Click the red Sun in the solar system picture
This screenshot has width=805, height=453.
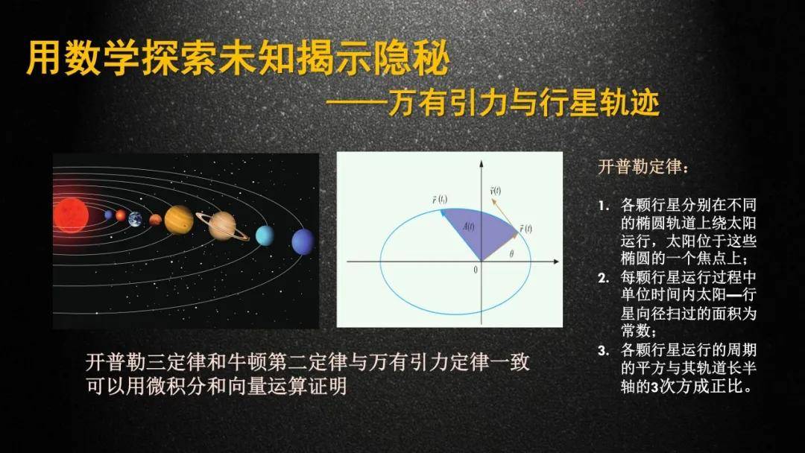click(x=70, y=215)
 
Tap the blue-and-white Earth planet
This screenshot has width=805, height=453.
click(x=135, y=219)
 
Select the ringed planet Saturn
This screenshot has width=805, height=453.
click(x=222, y=226)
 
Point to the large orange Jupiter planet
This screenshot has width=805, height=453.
click(x=179, y=220)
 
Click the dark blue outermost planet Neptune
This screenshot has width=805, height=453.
click(x=303, y=241)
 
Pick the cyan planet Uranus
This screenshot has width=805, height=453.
click(x=265, y=235)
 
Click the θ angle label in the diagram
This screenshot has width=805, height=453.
click(x=512, y=253)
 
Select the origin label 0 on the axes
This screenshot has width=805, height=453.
click(x=476, y=270)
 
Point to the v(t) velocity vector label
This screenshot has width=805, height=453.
click(x=496, y=191)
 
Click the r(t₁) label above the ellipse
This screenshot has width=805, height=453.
click(x=440, y=199)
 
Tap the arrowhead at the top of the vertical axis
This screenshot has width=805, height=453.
click(x=481, y=164)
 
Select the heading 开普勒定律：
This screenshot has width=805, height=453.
click(x=643, y=167)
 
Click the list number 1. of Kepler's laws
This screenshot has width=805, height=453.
click(x=604, y=206)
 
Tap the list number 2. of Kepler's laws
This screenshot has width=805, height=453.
click(x=604, y=279)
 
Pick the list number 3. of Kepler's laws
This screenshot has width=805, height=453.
click(x=604, y=351)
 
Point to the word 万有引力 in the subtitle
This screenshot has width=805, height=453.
click(x=446, y=103)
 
